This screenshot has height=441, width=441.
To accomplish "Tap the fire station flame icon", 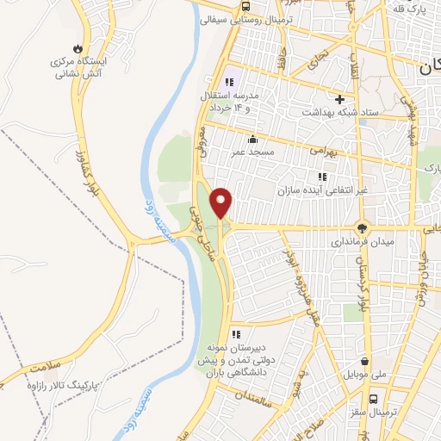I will point(80,48).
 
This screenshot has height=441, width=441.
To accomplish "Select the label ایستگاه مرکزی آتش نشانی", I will point(78,69).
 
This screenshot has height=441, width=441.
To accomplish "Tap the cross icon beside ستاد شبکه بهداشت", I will point(340,99).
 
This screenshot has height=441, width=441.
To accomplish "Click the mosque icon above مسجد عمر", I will point(252,140).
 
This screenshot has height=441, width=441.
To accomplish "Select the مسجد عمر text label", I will point(252,152).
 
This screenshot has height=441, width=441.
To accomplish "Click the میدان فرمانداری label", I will point(362,243).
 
